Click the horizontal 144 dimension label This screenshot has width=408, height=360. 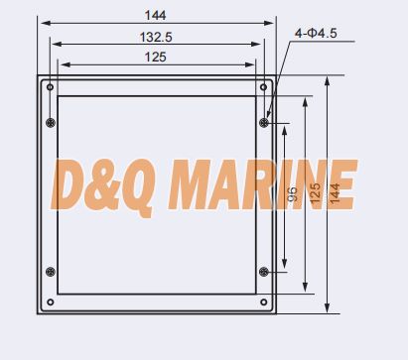tap(155, 15)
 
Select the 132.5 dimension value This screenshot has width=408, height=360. tap(156, 37)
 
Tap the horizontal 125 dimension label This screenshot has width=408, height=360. tap(155, 57)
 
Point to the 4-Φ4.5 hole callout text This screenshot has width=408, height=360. tap(316, 33)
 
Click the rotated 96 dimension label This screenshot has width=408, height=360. tap(292, 194)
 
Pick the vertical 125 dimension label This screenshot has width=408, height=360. tap(315, 193)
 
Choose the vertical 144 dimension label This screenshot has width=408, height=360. tap(335, 193)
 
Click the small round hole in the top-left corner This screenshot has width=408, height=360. tap(50, 87)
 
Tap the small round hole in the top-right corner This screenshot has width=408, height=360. tap(263, 87)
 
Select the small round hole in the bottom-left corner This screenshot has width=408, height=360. tap(51, 301)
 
